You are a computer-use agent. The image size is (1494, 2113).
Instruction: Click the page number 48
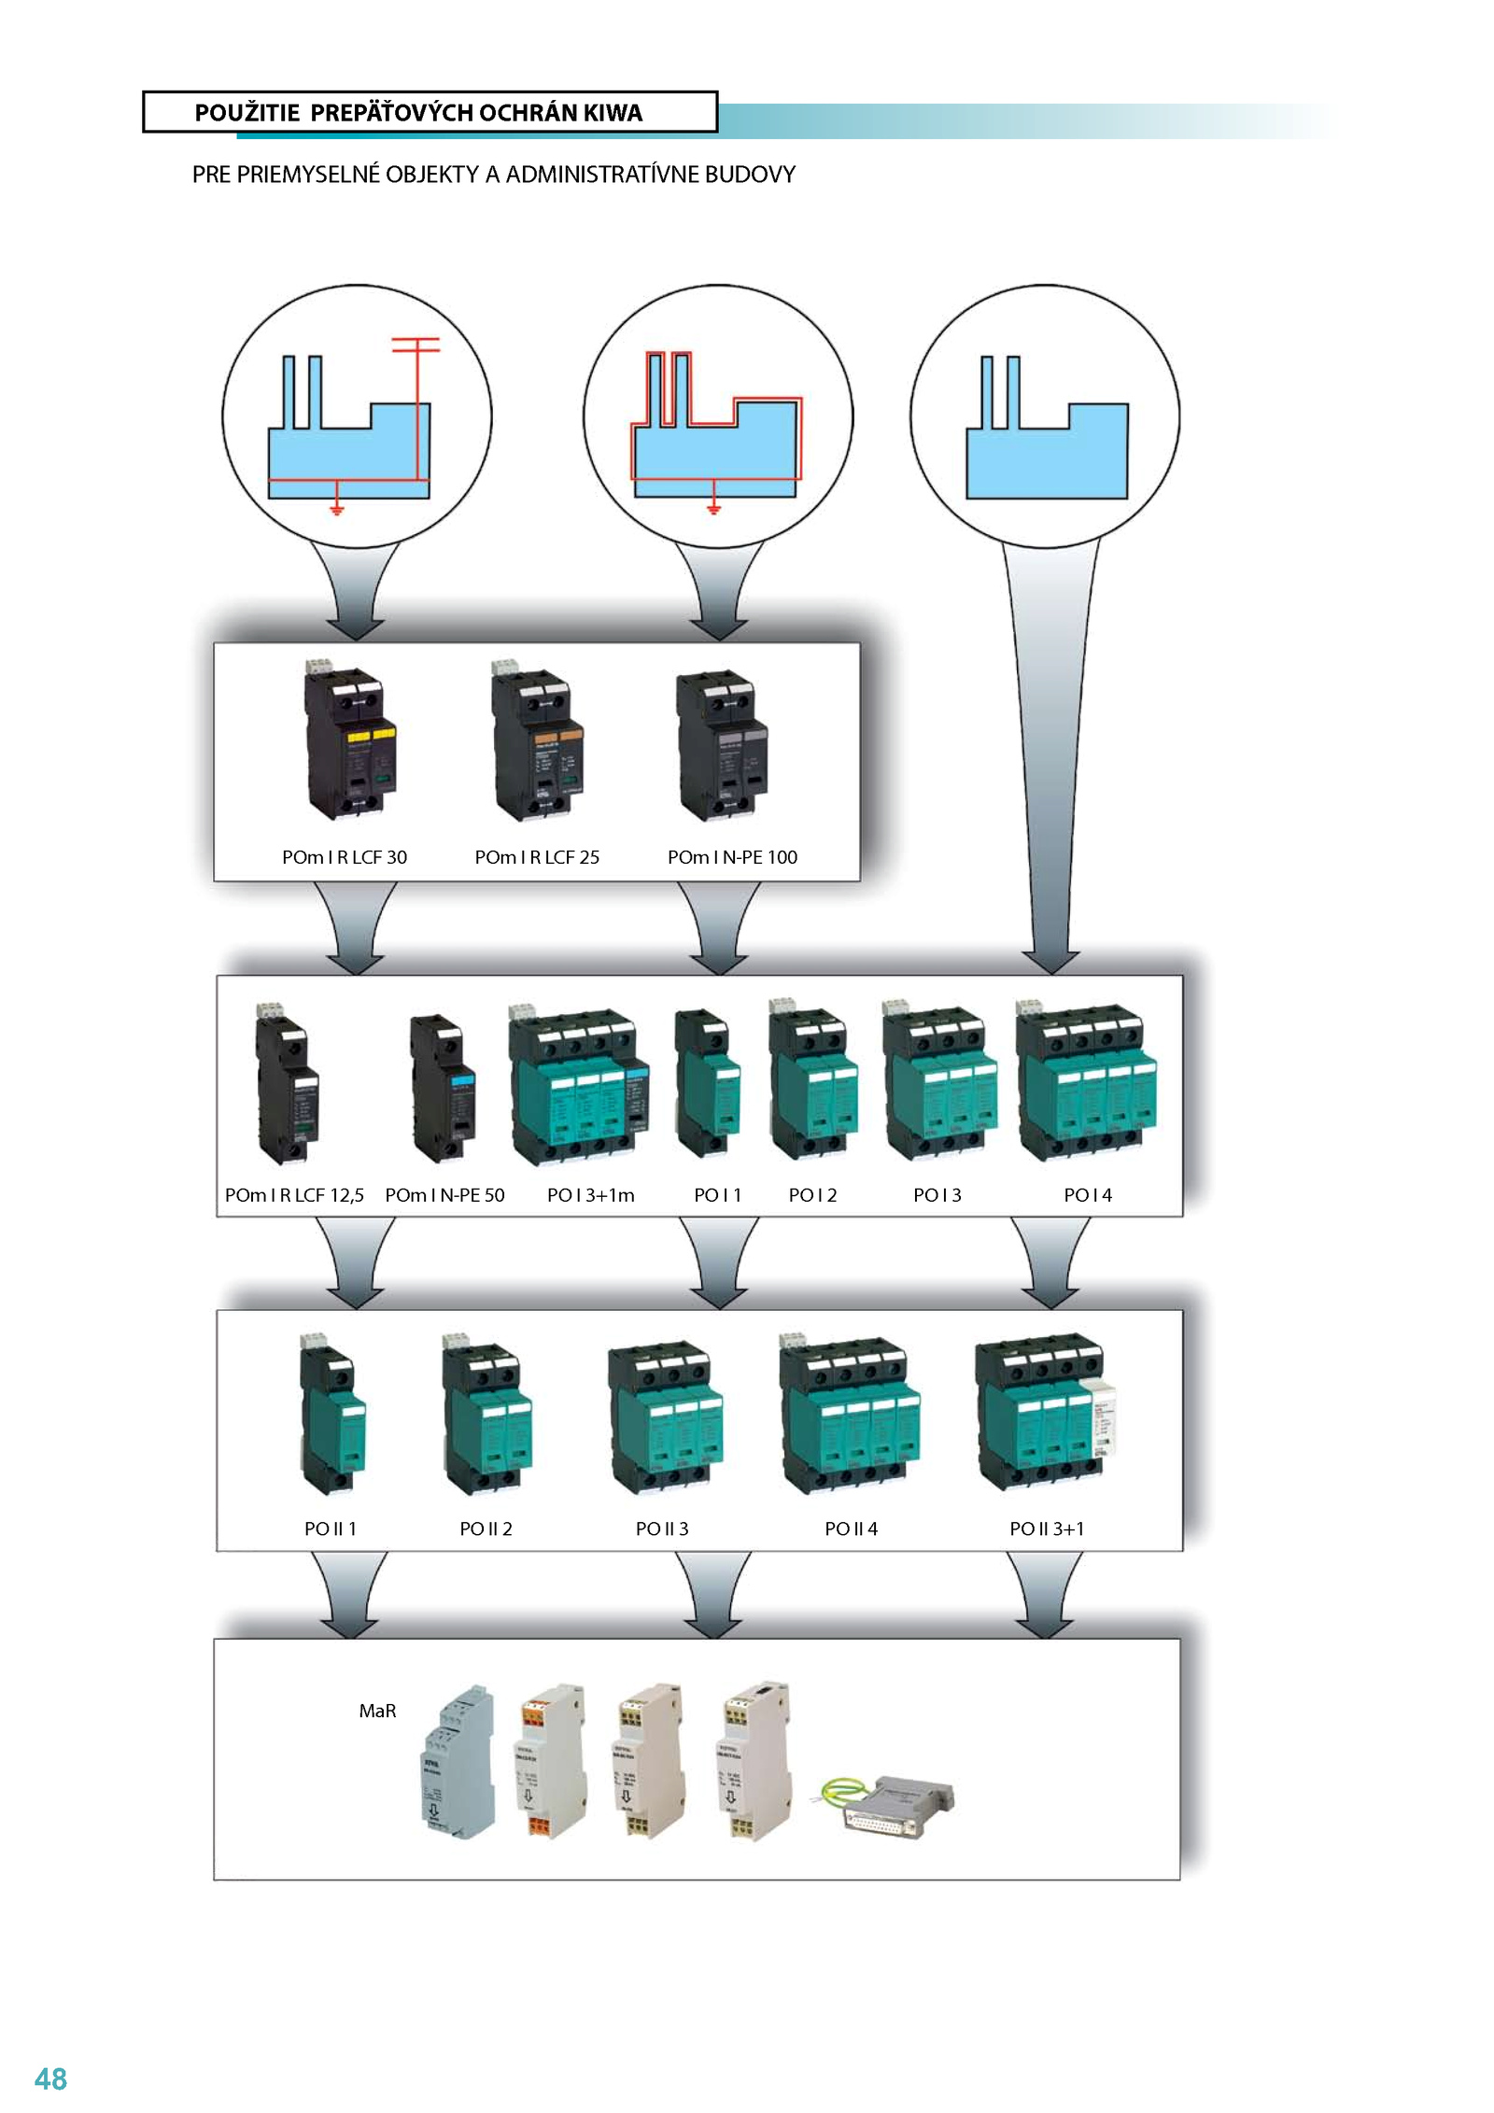[x=50, y=2079]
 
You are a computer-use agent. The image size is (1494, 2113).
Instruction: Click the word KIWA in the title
[x=613, y=113]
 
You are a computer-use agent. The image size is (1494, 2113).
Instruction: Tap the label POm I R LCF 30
[x=345, y=857]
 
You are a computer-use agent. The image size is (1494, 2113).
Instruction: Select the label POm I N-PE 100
[x=732, y=857]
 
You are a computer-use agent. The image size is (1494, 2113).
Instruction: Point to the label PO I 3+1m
[x=590, y=1195]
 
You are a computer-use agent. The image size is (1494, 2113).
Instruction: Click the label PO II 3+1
[x=1047, y=1528]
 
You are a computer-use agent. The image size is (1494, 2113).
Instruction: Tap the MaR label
[x=377, y=1711]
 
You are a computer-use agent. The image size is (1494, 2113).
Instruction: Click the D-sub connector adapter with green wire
[x=892, y=1804]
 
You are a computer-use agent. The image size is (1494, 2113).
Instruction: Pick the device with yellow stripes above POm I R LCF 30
[x=349, y=742]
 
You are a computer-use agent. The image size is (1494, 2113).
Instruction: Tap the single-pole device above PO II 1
[x=331, y=1415]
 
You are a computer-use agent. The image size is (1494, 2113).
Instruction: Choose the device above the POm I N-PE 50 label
[x=443, y=1088]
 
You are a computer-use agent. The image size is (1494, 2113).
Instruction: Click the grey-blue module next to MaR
[x=457, y=1763]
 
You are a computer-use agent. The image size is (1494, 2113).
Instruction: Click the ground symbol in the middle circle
[x=714, y=507]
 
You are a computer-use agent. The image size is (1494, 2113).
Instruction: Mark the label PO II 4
[x=851, y=1528]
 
